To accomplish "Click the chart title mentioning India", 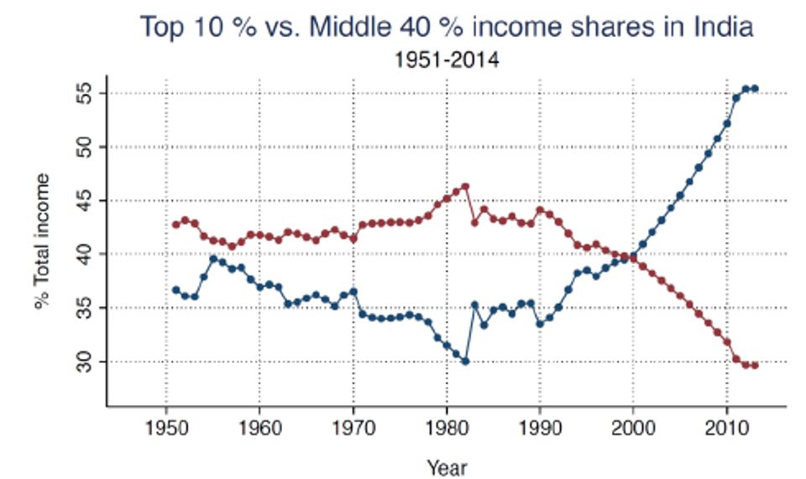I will tap(446, 27).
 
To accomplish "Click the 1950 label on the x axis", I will tap(166, 428).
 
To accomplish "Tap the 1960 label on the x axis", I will tap(259, 428).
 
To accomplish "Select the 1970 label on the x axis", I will tap(353, 428).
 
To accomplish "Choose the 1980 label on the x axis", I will tap(447, 428).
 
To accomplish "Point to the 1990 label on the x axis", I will tap(540, 428).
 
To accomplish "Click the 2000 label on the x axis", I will tap(633, 428).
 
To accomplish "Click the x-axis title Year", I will tap(446, 466).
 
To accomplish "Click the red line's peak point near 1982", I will tap(465, 187).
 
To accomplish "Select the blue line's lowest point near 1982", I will tap(465, 361).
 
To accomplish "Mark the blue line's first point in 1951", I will tap(175, 290).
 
